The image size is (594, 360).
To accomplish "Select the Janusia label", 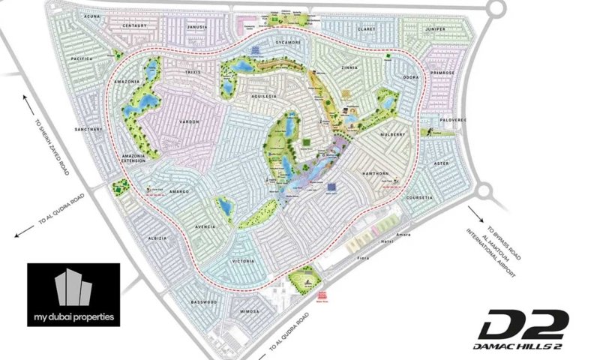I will tap(196, 28).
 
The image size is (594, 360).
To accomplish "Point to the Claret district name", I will tap(366, 31).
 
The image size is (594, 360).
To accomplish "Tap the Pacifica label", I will tap(82, 58).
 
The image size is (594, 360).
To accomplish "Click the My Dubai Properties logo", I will tap(73, 294).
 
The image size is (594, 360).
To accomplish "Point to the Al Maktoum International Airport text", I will tap(502, 259).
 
